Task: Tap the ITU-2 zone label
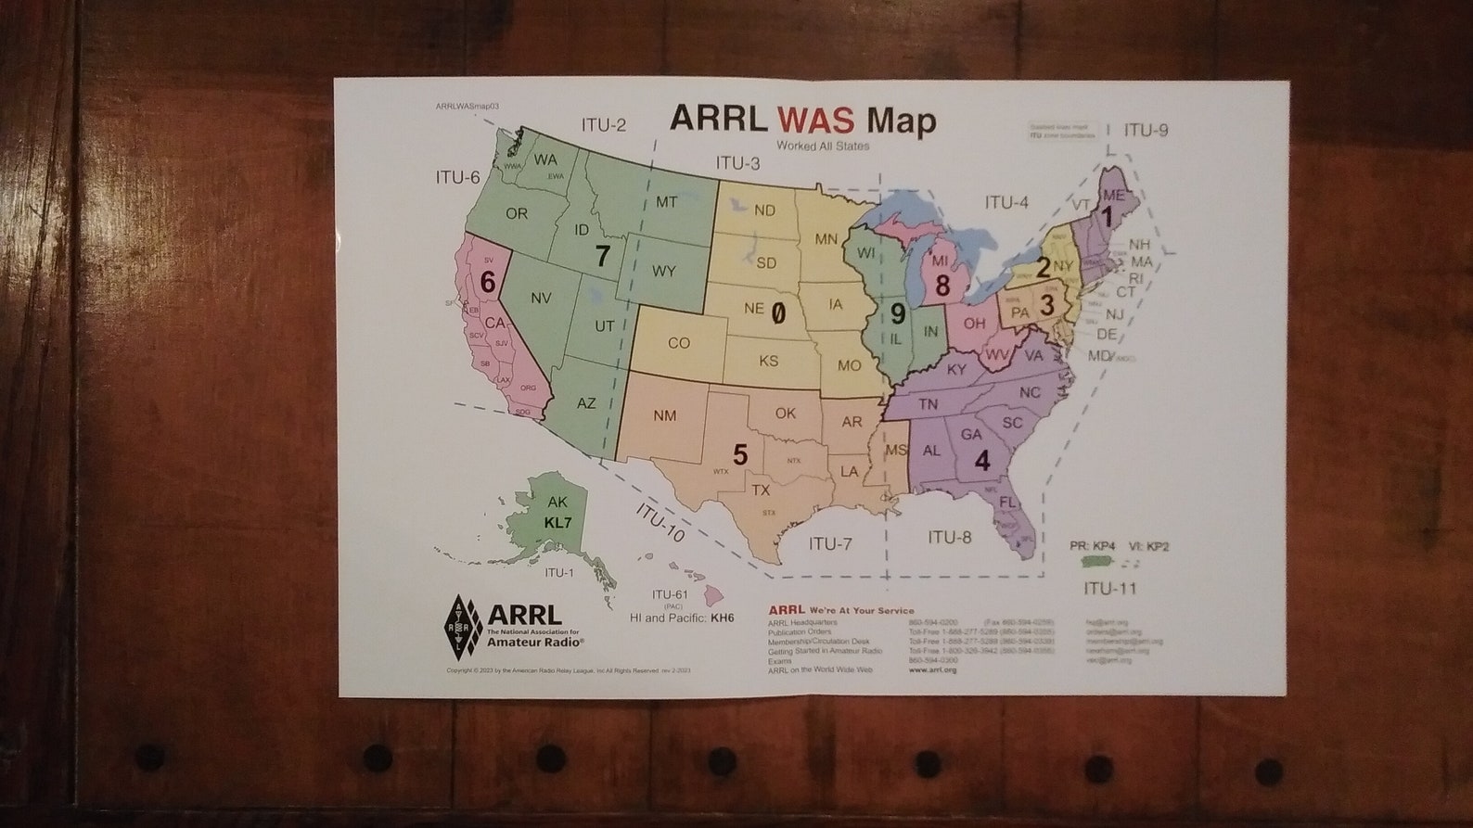click(604, 125)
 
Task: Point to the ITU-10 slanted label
click(660, 523)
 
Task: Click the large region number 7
click(603, 256)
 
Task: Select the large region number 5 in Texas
click(740, 454)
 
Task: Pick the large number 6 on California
click(488, 281)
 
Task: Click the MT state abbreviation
click(666, 201)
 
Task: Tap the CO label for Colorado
click(678, 343)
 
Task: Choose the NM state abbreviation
click(664, 415)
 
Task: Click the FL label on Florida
click(1008, 502)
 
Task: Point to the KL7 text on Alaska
click(557, 523)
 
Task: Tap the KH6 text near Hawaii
click(722, 618)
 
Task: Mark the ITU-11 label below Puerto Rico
click(1110, 588)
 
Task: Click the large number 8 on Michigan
click(942, 286)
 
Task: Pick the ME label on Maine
click(1113, 196)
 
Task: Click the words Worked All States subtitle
click(823, 146)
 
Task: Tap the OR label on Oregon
click(516, 213)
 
